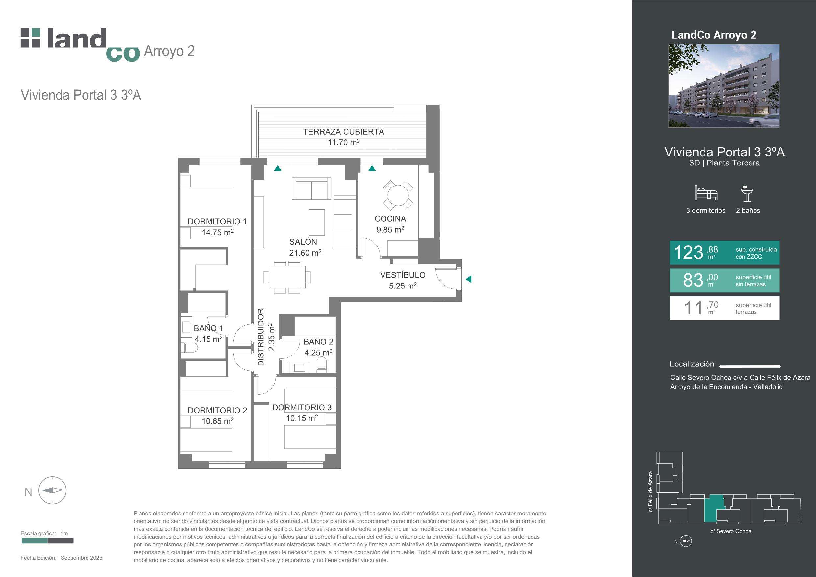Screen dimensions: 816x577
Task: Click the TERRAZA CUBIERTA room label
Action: (x=343, y=132)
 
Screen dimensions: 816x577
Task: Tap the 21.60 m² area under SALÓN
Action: (x=305, y=252)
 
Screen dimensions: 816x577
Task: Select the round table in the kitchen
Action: (x=398, y=195)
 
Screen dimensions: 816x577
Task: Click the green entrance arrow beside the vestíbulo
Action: (x=468, y=279)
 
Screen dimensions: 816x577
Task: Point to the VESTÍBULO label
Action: (x=403, y=275)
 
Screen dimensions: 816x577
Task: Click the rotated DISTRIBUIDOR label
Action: (x=261, y=337)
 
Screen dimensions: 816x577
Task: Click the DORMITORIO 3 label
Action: (x=302, y=407)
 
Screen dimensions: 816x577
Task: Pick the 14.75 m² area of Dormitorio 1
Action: (x=217, y=232)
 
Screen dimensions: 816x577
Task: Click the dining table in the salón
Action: (x=287, y=277)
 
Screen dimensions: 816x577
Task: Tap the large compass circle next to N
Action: (x=52, y=490)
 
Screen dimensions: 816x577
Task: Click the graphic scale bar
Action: (x=47, y=541)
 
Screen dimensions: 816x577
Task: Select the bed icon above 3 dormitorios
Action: (x=706, y=193)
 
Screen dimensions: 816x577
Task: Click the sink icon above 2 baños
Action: (x=747, y=194)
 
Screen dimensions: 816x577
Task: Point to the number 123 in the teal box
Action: (x=688, y=253)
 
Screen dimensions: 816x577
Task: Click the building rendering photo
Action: (x=724, y=86)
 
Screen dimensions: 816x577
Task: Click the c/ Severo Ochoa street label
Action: (x=731, y=531)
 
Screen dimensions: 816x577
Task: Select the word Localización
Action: (x=692, y=364)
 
